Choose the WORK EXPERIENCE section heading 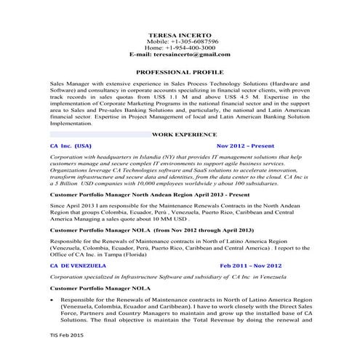[184, 135]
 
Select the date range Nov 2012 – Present [244, 145]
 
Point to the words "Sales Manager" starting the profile [63, 84]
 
